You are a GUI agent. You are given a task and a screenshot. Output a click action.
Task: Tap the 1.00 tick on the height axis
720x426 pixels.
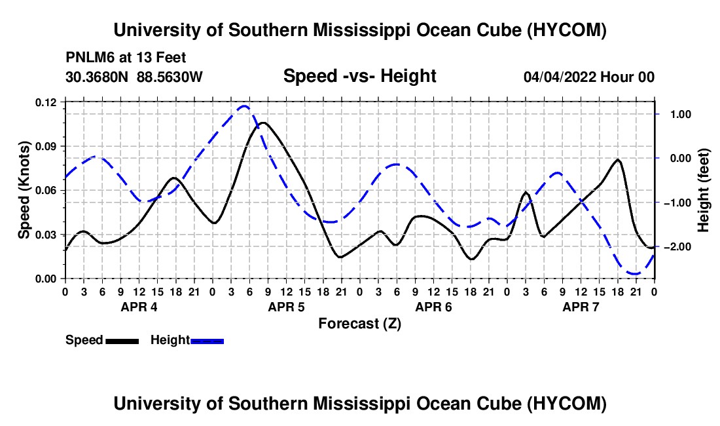(681, 115)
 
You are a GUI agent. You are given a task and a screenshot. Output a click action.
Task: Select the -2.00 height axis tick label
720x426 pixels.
(677, 247)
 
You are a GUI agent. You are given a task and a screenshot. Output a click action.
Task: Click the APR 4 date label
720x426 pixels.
(139, 307)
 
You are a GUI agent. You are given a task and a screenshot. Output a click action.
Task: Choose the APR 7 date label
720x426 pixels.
(581, 307)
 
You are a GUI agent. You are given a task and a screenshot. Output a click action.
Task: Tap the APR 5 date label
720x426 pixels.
(286, 307)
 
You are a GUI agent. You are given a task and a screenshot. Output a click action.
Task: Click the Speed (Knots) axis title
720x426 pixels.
(24, 190)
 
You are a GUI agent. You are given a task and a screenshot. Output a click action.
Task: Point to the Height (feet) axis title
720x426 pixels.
(703, 190)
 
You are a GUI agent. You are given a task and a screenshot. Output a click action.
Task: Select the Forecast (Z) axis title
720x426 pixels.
(359, 324)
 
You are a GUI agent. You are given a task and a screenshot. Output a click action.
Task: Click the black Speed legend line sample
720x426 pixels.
(122, 341)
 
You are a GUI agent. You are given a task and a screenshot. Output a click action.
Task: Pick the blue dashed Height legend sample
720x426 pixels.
(207, 341)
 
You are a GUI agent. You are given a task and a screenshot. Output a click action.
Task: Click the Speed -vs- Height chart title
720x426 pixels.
(359, 76)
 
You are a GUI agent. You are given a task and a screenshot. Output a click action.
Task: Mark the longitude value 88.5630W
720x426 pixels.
(170, 77)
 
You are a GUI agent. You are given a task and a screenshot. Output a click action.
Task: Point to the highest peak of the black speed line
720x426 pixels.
(263, 123)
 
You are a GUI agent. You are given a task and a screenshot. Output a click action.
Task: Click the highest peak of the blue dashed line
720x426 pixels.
(244, 107)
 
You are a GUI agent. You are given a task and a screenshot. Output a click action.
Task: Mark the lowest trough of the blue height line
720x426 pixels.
(636, 274)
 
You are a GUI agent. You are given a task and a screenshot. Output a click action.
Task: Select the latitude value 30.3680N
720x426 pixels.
(97, 77)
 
